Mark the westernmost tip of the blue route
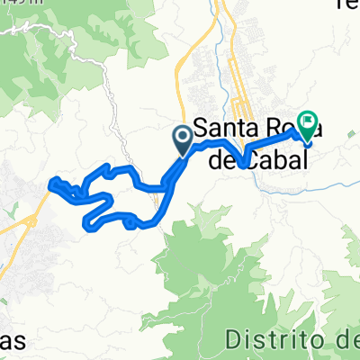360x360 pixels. pos(55,184)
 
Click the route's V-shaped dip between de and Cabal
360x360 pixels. pos(245,163)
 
